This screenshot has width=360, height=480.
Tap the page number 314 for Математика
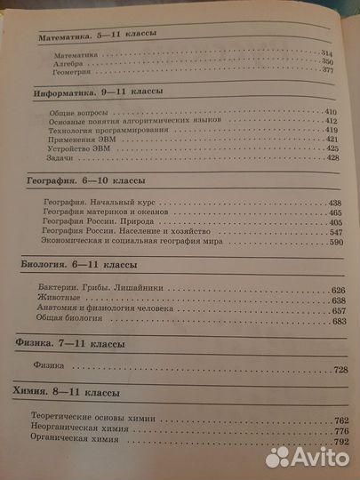click(x=326, y=52)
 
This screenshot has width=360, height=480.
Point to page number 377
click(x=326, y=72)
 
